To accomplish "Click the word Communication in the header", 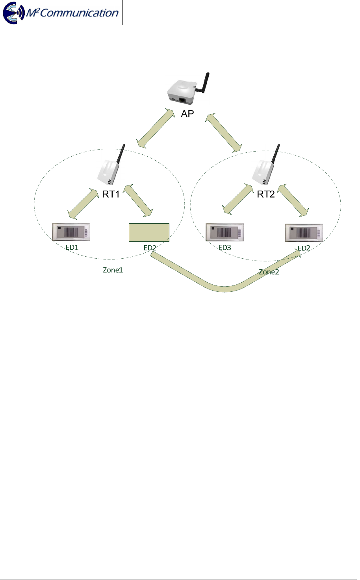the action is point(79,13).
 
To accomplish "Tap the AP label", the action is point(187,114).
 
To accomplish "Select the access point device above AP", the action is point(182,92).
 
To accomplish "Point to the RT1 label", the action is point(111,194).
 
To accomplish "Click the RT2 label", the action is point(266,194).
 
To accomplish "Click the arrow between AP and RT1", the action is point(156,129).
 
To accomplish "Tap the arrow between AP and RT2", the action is point(223,133).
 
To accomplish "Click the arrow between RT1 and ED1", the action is point(83,204).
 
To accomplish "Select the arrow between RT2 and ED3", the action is point(238,199).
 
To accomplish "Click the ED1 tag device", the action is point(71,232).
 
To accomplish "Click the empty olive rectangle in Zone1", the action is point(149,232).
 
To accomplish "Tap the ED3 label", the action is point(225,248).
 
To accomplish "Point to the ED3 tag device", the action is point(225,232).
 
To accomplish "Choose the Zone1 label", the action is point(113,270).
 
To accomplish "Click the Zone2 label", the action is point(269,272).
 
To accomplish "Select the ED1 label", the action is point(72,248).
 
